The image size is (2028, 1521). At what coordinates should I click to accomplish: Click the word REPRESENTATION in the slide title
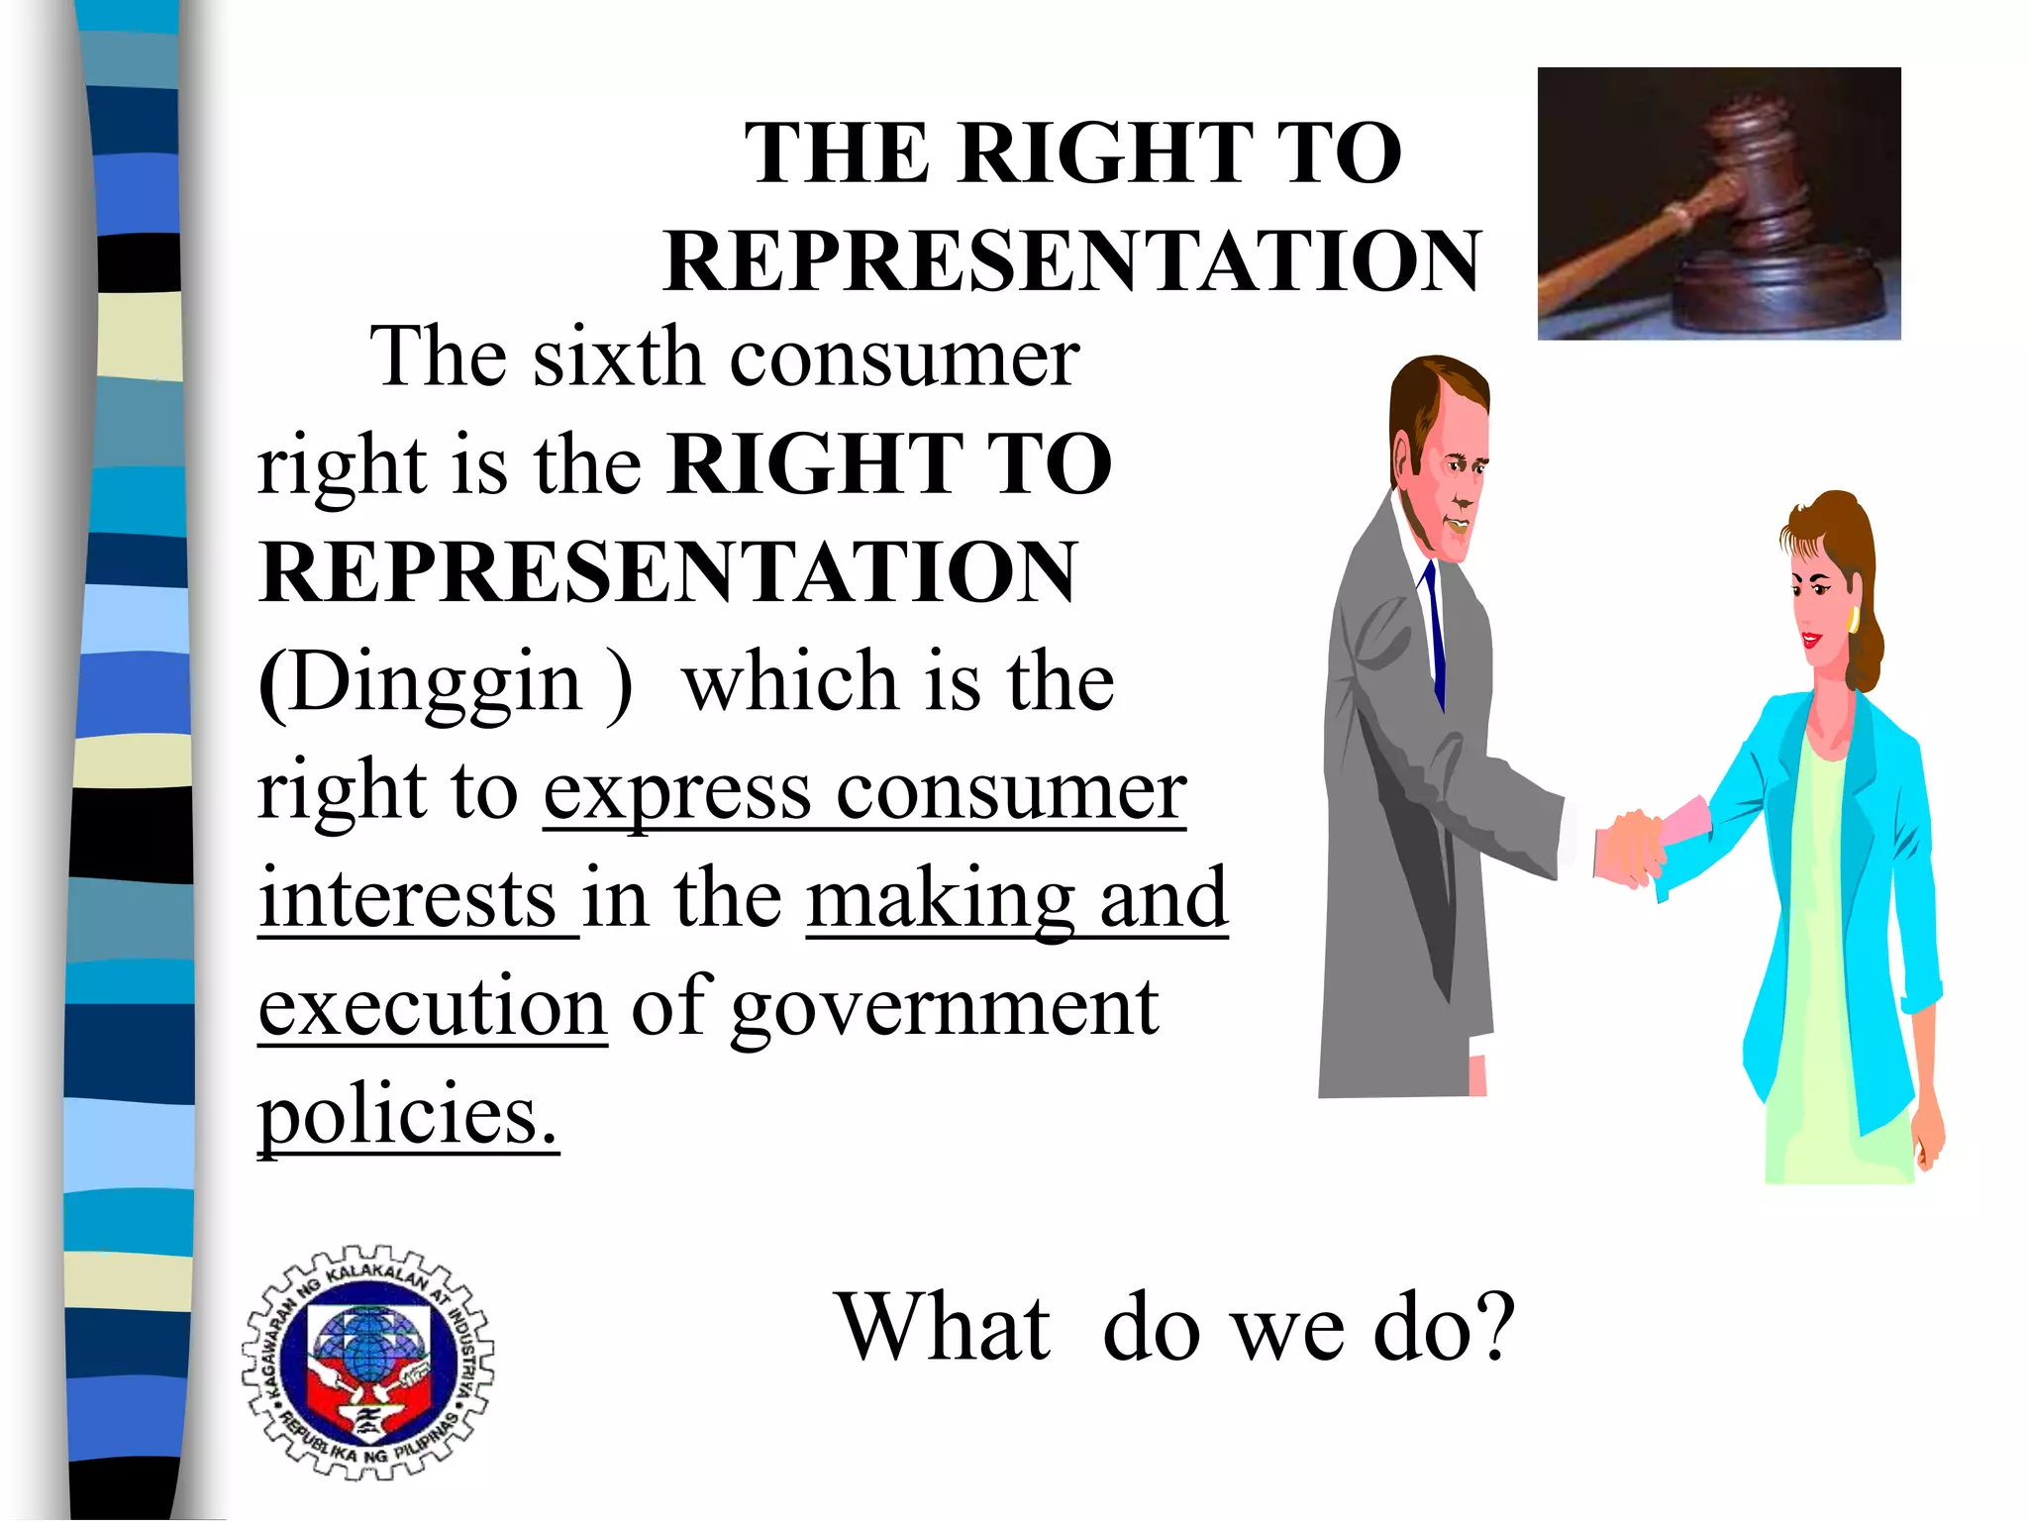[1072, 261]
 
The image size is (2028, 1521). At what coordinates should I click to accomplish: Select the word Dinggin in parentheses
[436, 682]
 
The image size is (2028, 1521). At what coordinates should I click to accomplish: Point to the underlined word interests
[407, 898]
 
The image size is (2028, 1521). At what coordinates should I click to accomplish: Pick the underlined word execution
[432, 1006]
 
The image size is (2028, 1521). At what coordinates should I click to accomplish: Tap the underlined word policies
[407, 1115]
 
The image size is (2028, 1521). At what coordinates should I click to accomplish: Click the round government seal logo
[367, 1363]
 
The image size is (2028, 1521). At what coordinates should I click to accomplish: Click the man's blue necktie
[1435, 634]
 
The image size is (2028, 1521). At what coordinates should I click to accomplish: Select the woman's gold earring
[1853, 621]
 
